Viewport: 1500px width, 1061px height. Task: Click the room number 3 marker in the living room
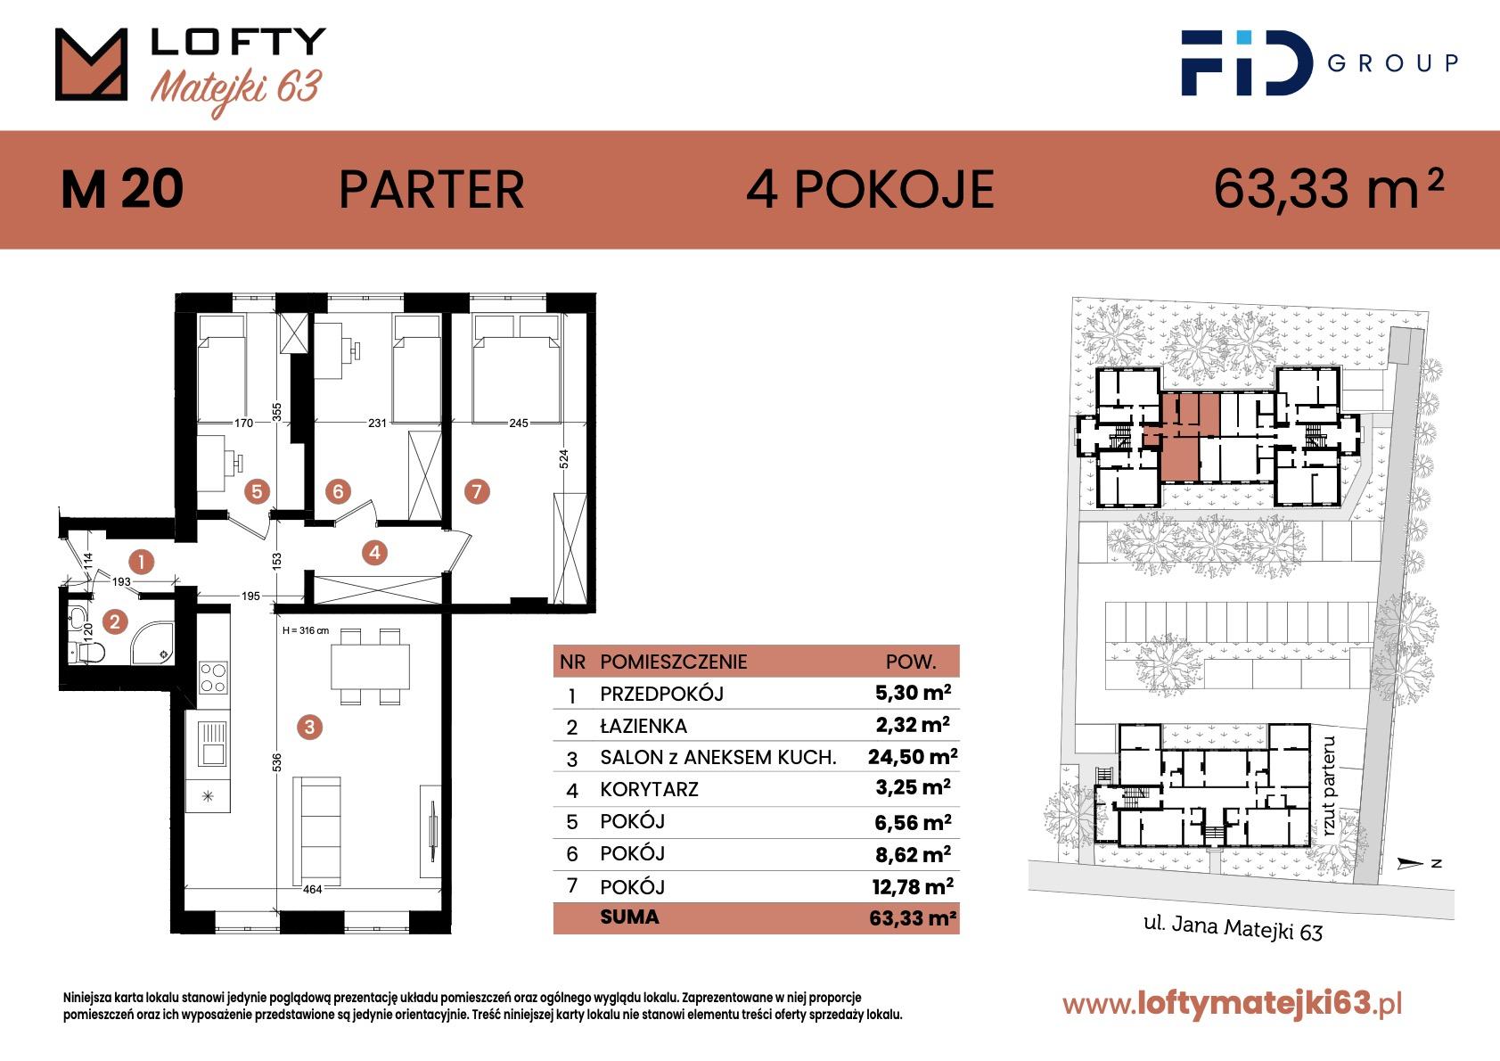[309, 727]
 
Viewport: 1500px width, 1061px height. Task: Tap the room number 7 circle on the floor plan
[477, 491]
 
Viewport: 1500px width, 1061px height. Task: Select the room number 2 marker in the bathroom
[115, 621]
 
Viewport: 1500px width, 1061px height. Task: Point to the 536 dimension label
[277, 762]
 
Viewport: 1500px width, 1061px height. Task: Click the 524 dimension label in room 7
[564, 459]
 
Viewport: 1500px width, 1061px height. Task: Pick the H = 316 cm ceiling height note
[306, 630]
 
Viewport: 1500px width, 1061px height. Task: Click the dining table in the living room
[370, 667]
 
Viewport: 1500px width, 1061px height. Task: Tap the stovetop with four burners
[214, 678]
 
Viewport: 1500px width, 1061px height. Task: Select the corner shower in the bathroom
[153, 643]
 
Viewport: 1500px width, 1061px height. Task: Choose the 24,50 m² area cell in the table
[913, 756]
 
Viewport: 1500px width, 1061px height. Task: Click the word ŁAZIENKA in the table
[643, 726]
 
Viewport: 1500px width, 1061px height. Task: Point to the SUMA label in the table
[629, 917]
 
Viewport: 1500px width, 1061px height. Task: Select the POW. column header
[911, 662]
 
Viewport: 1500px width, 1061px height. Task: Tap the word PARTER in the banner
[431, 190]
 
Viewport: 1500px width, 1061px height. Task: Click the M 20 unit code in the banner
[122, 190]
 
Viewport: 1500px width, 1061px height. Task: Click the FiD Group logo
[1319, 62]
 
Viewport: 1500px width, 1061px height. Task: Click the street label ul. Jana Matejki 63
[1233, 928]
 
